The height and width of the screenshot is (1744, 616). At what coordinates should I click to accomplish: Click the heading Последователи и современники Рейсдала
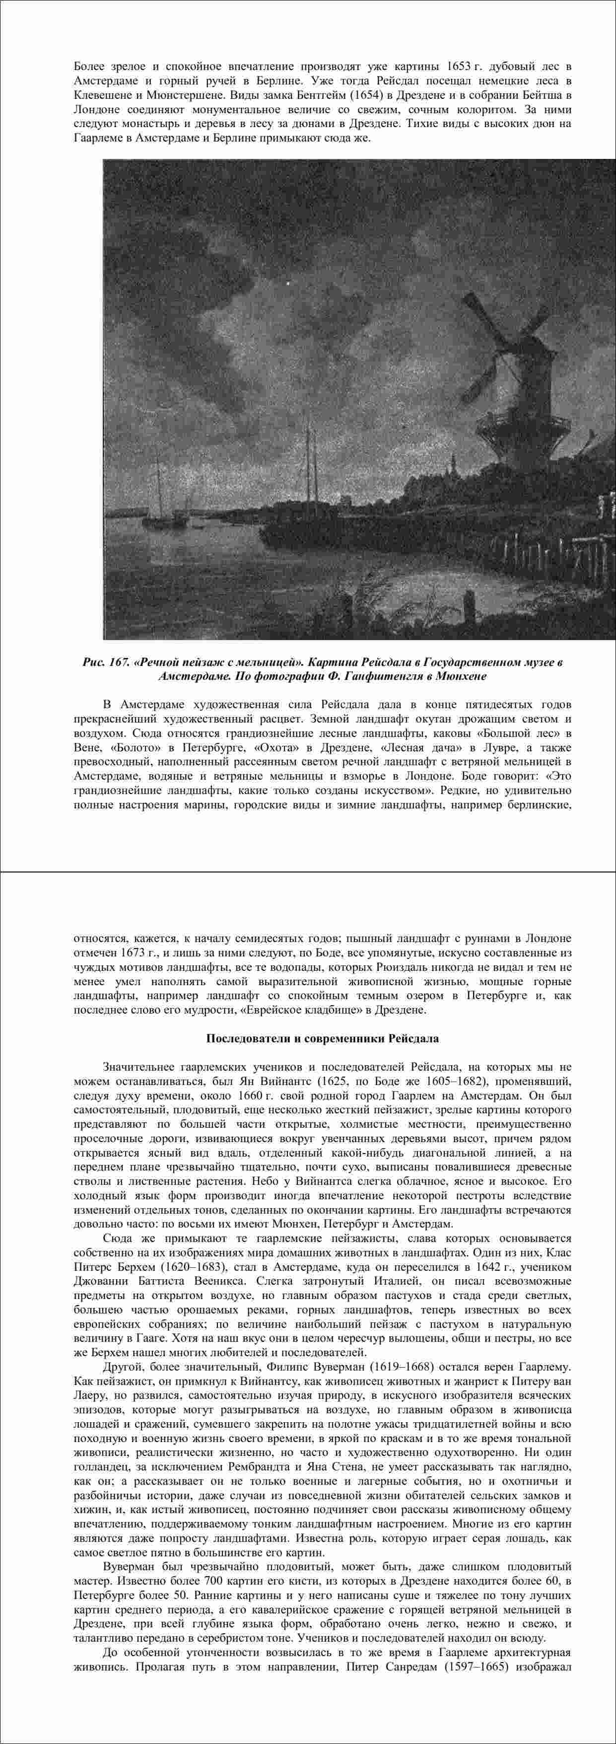[x=322, y=1038]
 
